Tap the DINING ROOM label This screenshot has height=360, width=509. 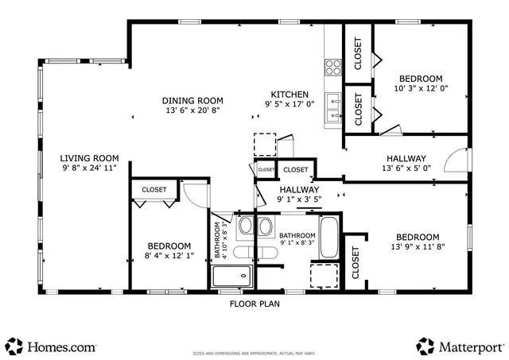click(x=192, y=101)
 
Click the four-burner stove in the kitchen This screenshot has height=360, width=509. click(x=333, y=67)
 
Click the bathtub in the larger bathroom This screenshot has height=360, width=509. click(x=329, y=238)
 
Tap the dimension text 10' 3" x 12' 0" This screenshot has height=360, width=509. click(x=421, y=89)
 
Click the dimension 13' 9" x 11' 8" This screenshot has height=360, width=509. click(x=417, y=248)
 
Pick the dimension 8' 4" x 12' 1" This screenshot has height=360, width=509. click(x=168, y=257)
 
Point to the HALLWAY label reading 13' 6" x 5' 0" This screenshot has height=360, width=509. click(x=406, y=168)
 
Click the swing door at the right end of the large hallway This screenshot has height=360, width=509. click(x=456, y=162)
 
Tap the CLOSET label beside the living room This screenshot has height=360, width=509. click(x=154, y=190)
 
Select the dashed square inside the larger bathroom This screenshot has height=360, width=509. click(x=324, y=275)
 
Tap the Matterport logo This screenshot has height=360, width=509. click(x=460, y=346)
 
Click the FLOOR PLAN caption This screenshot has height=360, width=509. click(x=254, y=304)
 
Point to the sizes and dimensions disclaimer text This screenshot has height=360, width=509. click(x=254, y=350)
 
